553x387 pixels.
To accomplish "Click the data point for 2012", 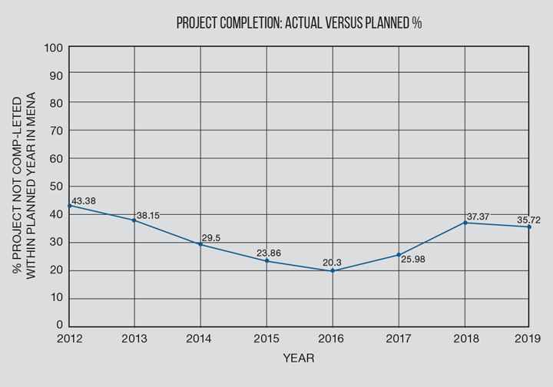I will click(69, 206).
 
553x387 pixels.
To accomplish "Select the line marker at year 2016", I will click(333, 270).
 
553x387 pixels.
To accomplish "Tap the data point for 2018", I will click(464, 223).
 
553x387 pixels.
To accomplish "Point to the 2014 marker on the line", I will click(200, 244).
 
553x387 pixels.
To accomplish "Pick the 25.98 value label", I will click(412, 260).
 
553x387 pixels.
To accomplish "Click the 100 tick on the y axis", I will click(53, 48).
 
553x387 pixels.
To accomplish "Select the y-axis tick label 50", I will click(56, 187).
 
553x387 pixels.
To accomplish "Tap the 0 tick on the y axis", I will click(59, 327).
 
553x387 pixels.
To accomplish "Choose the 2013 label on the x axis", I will click(134, 339).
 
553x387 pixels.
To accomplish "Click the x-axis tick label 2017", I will click(399, 339).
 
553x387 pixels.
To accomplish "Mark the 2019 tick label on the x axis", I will click(528, 339).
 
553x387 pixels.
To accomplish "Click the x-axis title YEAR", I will click(298, 359).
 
